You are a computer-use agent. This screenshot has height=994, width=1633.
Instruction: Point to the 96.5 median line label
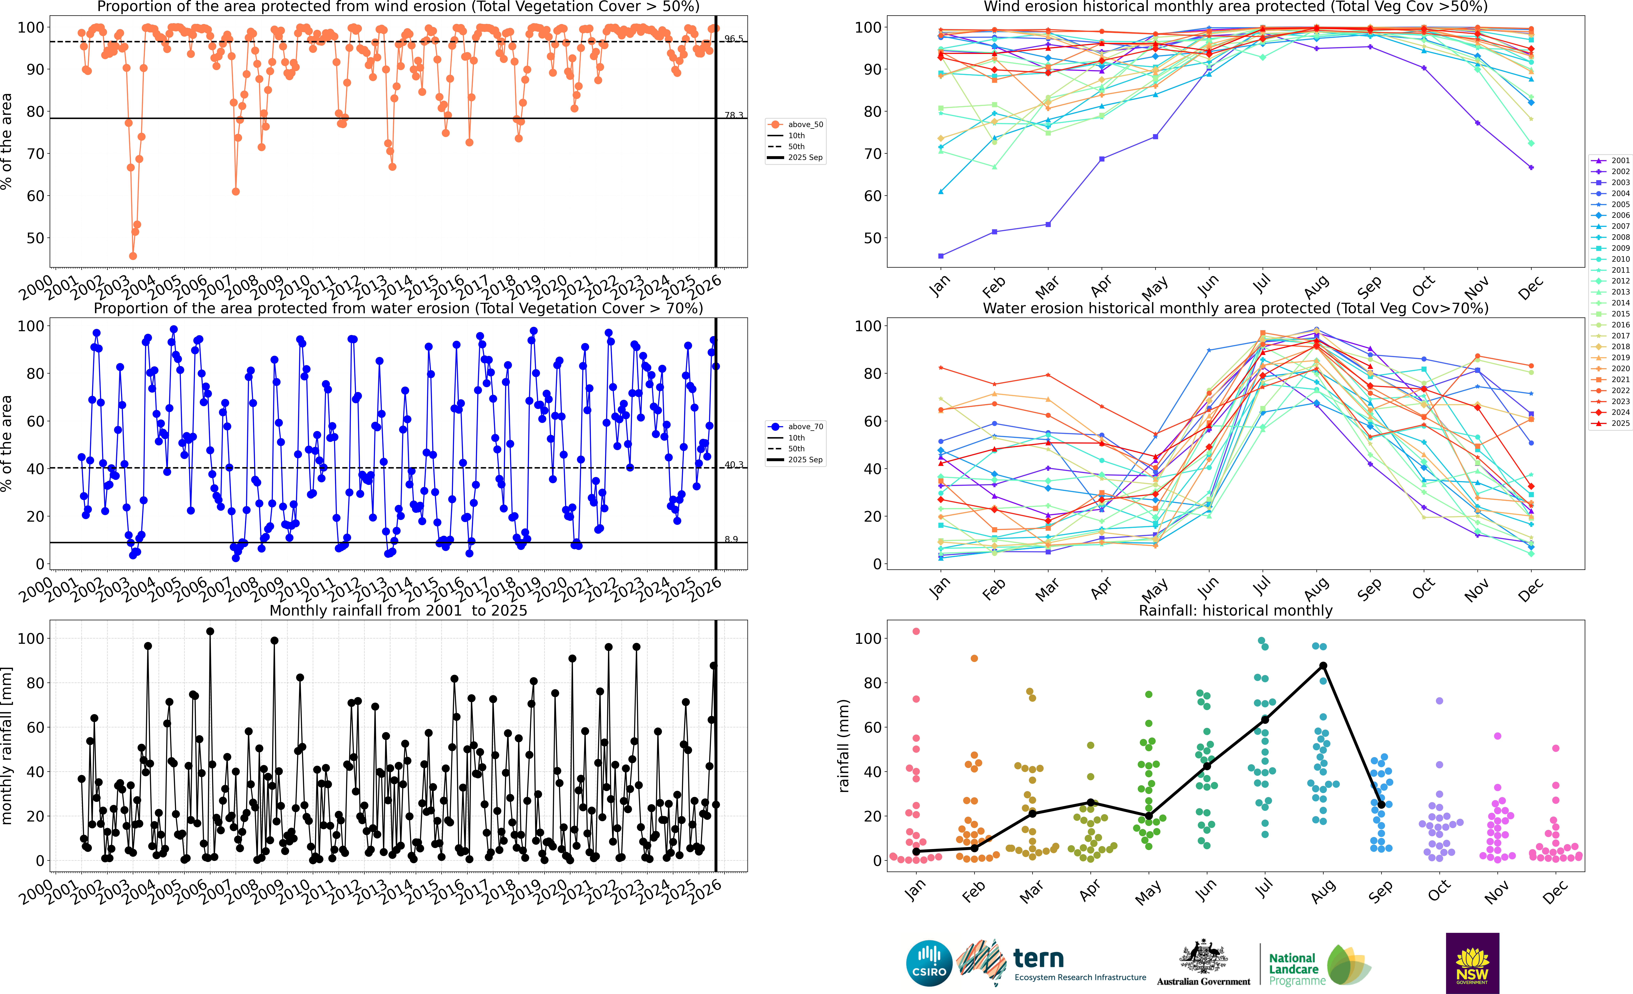coord(734,39)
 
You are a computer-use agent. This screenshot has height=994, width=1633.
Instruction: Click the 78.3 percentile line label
coord(734,115)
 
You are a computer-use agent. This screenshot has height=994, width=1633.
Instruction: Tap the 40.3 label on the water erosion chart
coord(734,465)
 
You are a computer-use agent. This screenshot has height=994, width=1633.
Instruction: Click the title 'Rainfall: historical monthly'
coord(1235,610)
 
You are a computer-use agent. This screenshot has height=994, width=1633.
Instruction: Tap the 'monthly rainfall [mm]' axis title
coord(7,746)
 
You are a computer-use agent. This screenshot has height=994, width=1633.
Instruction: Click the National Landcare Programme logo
coord(1319,966)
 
